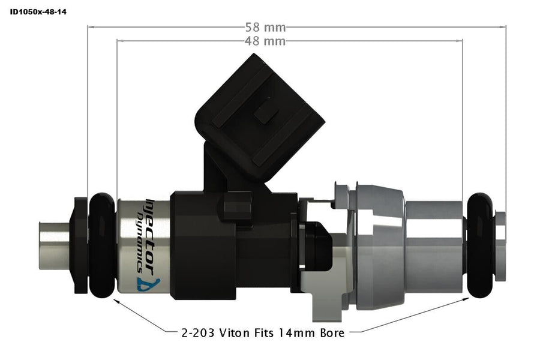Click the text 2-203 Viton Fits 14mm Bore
tap(262, 332)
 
